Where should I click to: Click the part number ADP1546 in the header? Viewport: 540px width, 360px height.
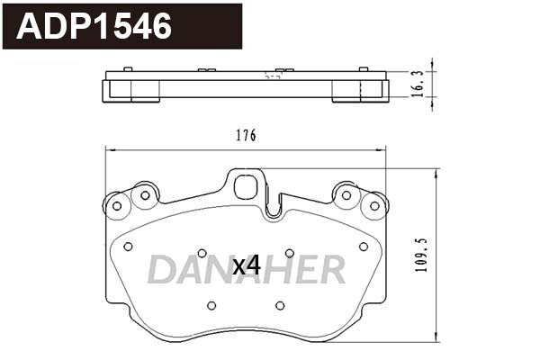(94, 26)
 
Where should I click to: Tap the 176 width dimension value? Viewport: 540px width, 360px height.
(246, 136)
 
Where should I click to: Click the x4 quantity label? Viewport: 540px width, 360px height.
(246, 265)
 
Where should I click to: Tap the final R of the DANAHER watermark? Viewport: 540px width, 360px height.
(330, 269)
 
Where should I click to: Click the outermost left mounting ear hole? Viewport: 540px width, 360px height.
(115, 206)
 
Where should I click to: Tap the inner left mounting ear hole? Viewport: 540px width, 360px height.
(144, 194)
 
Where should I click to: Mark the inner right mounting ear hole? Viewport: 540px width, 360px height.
(346, 194)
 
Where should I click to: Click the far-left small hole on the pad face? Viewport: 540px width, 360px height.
(128, 246)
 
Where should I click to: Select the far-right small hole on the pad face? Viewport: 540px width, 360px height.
(363, 246)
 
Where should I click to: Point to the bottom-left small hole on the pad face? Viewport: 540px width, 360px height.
(211, 305)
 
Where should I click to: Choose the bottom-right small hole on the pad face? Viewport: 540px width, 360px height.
(280, 305)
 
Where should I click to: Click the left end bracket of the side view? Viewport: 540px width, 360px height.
(118, 91)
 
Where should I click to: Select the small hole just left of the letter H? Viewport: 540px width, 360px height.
(289, 253)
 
